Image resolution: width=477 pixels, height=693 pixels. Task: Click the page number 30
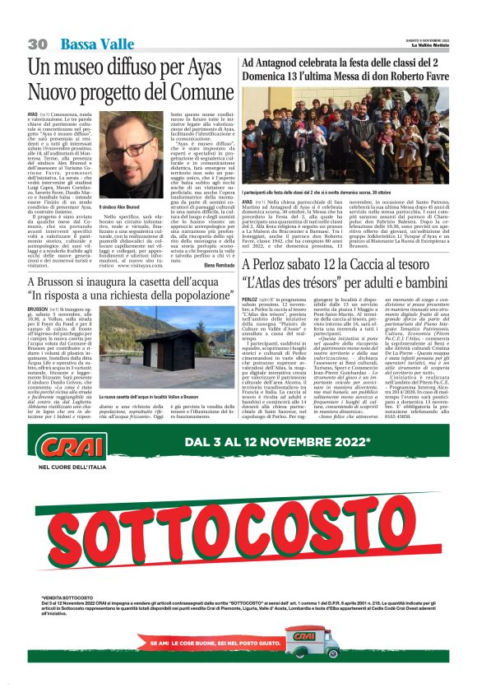tap(37, 43)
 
